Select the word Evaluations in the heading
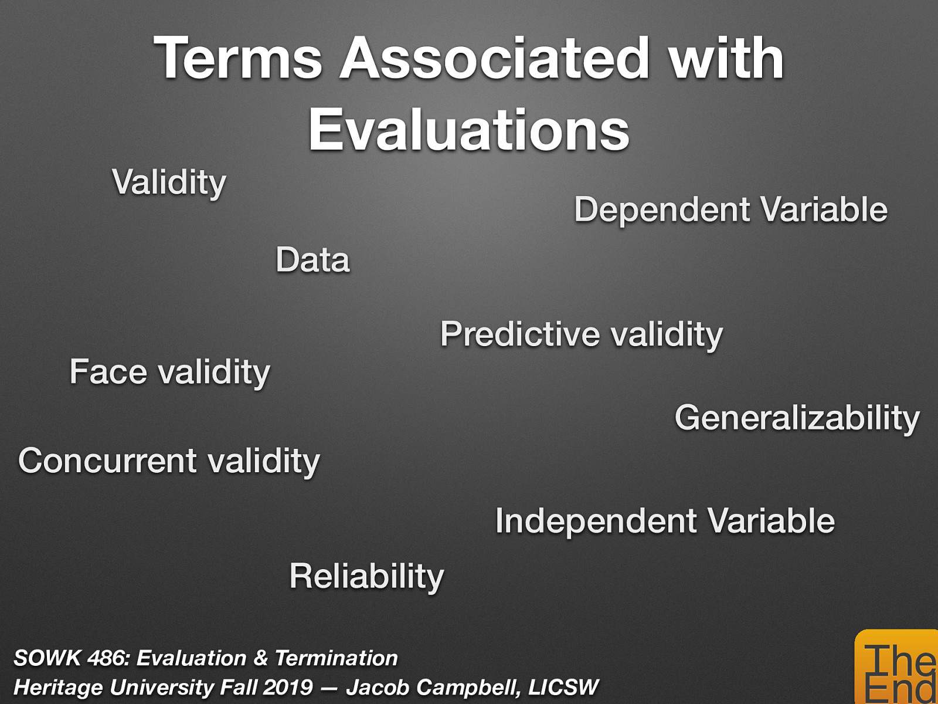tap(468, 130)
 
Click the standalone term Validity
tap(169, 182)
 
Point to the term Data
tap(312, 260)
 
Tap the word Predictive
tap(520, 334)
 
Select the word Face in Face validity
tap(108, 372)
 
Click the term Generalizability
tap(797, 418)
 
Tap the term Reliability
tap(366, 576)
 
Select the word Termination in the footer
tap(337, 658)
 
